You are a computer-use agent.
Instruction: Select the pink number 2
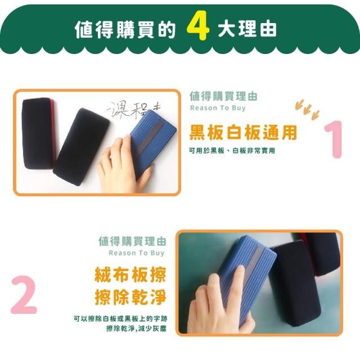click(24, 295)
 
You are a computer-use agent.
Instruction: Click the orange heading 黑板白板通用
click(243, 133)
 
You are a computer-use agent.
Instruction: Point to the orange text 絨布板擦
click(130, 274)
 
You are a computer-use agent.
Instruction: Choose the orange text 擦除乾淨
click(130, 297)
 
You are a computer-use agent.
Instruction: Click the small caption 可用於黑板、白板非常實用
click(232, 151)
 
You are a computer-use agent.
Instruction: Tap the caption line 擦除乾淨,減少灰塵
click(136, 328)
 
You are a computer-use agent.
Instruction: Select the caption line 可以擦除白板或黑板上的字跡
click(120, 319)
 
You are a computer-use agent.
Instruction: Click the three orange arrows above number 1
click(307, 109)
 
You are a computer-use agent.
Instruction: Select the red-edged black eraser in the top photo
click(38, 134)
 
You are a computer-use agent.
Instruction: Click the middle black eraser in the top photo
click(81, 146)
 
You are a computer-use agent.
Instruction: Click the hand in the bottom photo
click(220, 303)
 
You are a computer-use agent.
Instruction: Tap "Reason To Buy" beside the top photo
click(218, 107)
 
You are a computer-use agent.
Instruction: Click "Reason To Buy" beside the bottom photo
click(137, 253)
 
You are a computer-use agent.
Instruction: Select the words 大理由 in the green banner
click(247, 29)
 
